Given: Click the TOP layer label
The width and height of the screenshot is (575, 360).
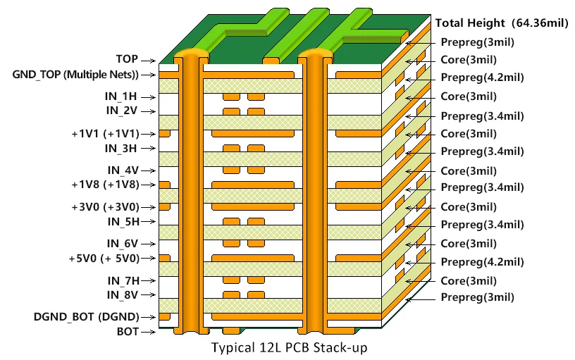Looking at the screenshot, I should point(127,60).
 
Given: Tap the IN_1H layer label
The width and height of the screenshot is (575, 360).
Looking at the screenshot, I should point(121,97).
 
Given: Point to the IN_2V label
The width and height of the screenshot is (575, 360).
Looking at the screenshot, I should point(121,111).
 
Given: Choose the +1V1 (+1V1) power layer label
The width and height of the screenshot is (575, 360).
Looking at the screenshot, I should point(104,133).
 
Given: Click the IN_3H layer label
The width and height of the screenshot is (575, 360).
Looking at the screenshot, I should point(120,148).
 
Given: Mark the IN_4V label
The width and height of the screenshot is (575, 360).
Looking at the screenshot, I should point(121,170).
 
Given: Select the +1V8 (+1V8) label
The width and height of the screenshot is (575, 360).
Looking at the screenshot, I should point(104,185).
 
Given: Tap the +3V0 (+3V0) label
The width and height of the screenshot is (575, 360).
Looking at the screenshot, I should point(104,207).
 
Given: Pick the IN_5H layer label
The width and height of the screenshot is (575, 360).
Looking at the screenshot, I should point(121,221).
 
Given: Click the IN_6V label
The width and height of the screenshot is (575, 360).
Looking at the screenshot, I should point(121,244).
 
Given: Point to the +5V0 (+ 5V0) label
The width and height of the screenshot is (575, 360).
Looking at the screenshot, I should point(103,259).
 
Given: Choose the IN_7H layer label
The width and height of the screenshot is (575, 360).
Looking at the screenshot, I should point(121,280).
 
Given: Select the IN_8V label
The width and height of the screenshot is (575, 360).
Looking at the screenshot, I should point(121,294).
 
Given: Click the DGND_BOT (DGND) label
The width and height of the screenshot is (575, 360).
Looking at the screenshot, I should point(86,316).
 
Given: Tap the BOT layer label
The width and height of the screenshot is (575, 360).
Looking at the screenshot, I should point(128,331).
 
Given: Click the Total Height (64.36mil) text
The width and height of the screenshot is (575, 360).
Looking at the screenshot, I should point(502,24).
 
